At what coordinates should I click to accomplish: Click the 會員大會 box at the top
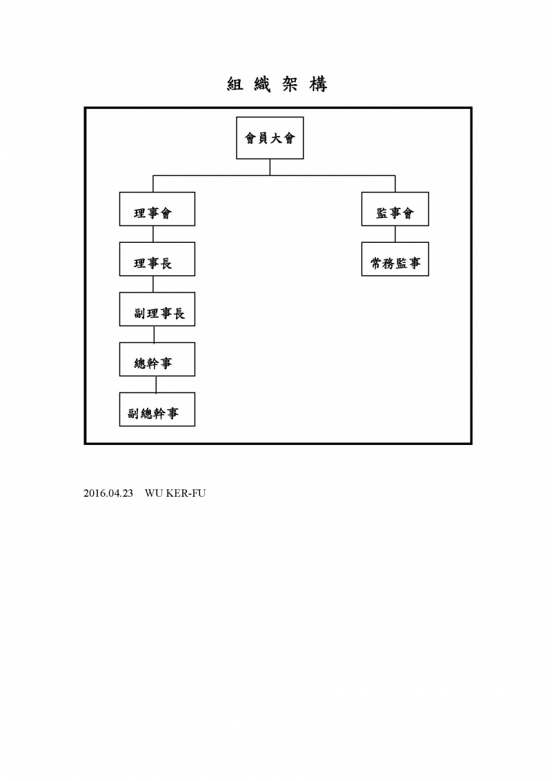(270, 138)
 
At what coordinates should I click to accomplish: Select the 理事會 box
(157, 209)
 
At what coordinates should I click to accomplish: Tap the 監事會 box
(395, 209)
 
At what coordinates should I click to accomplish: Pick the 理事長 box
(157, 259)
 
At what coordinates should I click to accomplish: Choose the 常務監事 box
(395, 259)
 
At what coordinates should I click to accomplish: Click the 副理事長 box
(157, 309)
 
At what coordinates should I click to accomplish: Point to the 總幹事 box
(157, 359)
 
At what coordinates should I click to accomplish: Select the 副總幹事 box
(157, 409)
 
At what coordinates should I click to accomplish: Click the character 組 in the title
(235, 85)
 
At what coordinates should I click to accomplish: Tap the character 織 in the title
(263, 85)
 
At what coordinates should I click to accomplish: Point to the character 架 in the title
(290, 85)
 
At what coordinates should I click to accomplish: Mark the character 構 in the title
(318, 85)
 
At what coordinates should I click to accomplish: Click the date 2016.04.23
(108, 493)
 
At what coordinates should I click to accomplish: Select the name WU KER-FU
(175, 493)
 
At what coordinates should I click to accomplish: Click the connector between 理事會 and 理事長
(153, 234)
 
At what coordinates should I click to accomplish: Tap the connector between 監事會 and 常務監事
(395, 234)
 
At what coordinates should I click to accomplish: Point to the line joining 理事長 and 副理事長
(153, 284)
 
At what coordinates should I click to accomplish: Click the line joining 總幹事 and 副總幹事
(157, 384)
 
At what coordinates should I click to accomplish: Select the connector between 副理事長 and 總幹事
(154, 334)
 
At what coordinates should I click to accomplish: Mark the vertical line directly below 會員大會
(270, 168)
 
